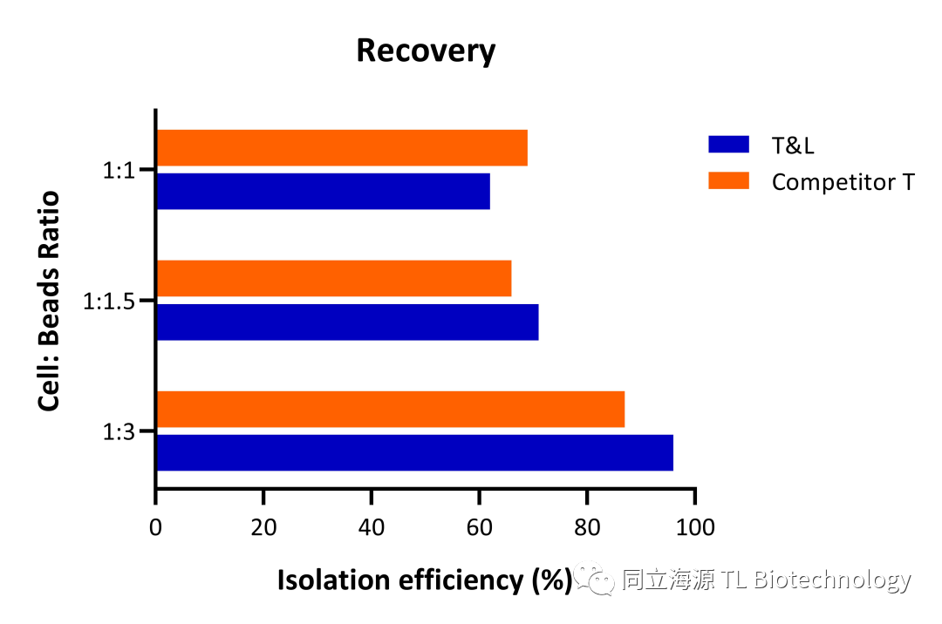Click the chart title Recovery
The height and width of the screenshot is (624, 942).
click(426, 51)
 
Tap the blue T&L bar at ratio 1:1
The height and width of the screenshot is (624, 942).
click(323, 191)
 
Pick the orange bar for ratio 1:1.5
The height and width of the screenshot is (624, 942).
click(333, 278)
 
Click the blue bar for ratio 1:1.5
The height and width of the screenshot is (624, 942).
click(347, 322)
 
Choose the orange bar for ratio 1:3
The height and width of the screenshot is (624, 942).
click(391, 409)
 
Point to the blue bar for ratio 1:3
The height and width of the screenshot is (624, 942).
click(414, 452)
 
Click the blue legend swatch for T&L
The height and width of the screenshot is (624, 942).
click(728, 145)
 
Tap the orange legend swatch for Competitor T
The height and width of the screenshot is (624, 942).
click(728, 181)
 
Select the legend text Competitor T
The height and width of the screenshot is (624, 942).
click(843, 182)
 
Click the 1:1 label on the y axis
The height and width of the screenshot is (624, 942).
click(118, 171)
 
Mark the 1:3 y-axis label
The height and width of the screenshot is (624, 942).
click(118, 431)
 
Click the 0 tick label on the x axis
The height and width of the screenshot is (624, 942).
click(156, 528)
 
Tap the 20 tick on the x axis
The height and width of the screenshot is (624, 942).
click(263, 528)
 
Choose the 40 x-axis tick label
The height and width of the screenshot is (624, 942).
click(372, 528)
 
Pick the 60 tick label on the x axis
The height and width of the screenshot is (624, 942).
click(479, 528)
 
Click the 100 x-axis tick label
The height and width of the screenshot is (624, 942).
click(695, 528)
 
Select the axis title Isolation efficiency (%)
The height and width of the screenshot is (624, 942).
click(424, 580)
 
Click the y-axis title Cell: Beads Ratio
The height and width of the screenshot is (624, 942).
click(50, 301)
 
